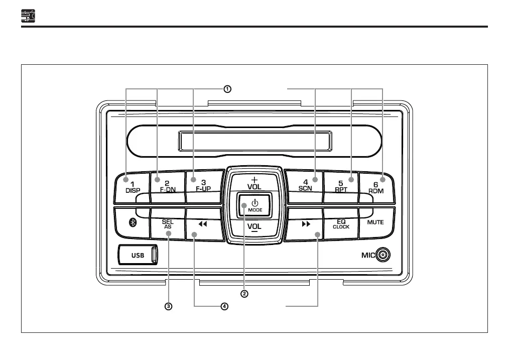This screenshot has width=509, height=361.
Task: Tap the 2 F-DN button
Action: pos(167,186)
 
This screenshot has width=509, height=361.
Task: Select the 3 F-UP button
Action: pos(203,186)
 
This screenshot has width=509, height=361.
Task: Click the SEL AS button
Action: pos(167,224)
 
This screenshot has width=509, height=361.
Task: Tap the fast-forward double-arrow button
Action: pos(306,225)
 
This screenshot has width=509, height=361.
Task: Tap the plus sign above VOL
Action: pos(254,179)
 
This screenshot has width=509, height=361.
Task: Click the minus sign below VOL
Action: pos(254,232)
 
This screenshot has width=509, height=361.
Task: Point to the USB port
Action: pos(139,255)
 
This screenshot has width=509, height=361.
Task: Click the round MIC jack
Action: pos(383,255)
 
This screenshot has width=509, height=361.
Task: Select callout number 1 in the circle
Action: pos(227,89)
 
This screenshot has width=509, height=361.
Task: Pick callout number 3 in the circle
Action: pos(169,306)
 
